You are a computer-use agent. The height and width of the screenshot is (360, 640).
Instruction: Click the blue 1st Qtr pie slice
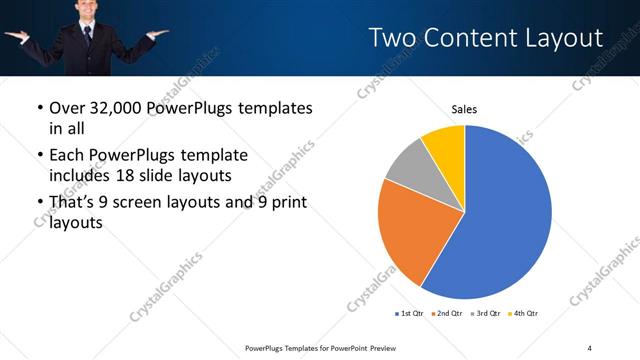coord(505,215)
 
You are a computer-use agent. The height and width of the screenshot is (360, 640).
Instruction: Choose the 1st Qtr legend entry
coord(410,314)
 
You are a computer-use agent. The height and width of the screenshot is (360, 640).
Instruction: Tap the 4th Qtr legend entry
coord(527,314)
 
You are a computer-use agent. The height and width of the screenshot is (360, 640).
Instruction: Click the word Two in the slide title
coord(391,38)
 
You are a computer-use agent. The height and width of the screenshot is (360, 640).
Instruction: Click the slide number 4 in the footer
coord(590,347)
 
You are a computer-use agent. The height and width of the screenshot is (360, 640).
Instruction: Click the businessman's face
coord(84,10)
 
